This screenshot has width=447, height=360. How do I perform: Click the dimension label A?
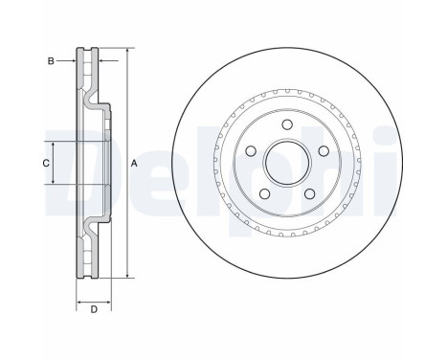pyautogui.click(x=135, y=163)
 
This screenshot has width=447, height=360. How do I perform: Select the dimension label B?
pyautogui.click(x=50, y=59)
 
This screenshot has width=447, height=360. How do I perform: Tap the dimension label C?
pyautogui.click(x=44, y=163)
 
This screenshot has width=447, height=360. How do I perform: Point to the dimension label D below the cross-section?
pyautogui.click(x=93, y=309)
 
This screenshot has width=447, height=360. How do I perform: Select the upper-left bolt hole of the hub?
pyautogui.click(x=251, y=150)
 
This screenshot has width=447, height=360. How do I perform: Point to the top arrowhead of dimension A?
pyautogui.click(x=126, y=50)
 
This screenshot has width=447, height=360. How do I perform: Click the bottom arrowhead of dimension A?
pyautogui.click(x=126, y=275)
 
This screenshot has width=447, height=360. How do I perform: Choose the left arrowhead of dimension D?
pyautogui.click(x=78, y=297)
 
